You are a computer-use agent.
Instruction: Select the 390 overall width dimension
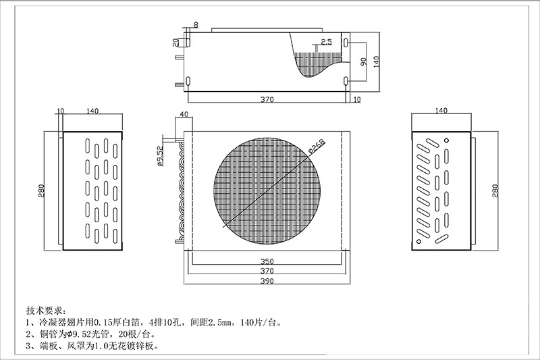[267, 282]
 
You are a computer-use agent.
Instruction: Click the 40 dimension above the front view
[184, 114]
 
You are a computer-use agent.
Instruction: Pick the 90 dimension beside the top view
[364, 61]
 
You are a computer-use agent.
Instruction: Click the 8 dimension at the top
[196, 25]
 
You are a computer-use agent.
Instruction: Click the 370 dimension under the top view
[267, 100]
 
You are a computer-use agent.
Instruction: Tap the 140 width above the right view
[441, 110]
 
